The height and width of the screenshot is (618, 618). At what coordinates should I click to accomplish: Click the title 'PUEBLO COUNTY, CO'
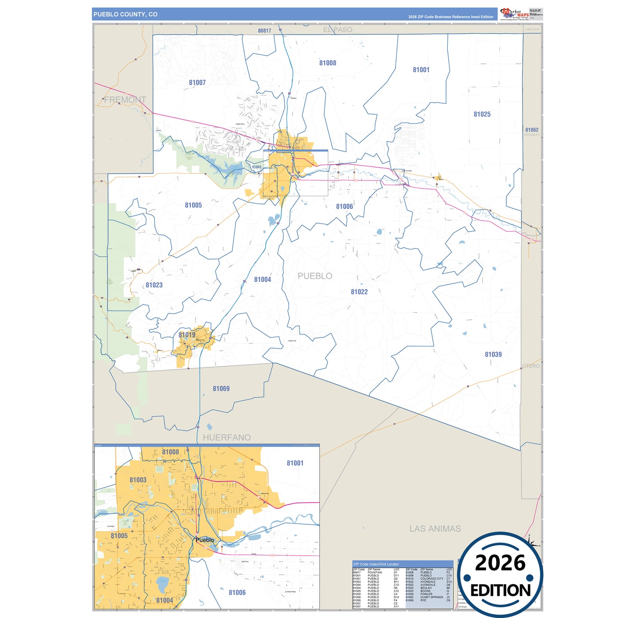(125, 15)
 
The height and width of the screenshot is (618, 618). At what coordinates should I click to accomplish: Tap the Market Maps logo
(515, 14)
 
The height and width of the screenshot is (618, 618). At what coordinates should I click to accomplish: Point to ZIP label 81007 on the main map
(197, 83)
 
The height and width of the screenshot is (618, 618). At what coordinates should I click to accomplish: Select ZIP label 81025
(482, 114)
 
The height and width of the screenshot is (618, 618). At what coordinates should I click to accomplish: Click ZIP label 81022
(359, 292)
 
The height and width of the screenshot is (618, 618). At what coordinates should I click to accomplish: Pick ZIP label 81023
(154, 285)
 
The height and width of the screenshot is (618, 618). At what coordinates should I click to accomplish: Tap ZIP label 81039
(493, 354)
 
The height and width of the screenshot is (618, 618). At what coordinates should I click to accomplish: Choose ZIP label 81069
(221, 388)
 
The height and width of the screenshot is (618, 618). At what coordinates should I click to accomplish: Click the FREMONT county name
(125, 100)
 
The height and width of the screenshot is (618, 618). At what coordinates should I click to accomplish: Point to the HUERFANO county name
(227, 437)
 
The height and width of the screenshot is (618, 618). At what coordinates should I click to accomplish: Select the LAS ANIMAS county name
(435, 529)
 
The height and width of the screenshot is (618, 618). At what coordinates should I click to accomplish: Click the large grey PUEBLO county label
(315, 276)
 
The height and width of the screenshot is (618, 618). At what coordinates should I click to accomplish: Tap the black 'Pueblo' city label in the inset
(205, 540)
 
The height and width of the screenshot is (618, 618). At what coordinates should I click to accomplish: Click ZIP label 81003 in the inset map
(138, 480)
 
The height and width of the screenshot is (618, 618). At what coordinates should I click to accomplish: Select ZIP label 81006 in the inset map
(237, 592)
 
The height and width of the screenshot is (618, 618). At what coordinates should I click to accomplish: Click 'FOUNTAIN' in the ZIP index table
(375, 572)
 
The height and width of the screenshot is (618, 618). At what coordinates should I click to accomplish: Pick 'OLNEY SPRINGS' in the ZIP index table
(432, 597)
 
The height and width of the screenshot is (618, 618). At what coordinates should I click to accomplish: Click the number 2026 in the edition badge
(500, 563)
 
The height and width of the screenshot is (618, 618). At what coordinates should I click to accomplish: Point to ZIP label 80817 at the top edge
(264, 31)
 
